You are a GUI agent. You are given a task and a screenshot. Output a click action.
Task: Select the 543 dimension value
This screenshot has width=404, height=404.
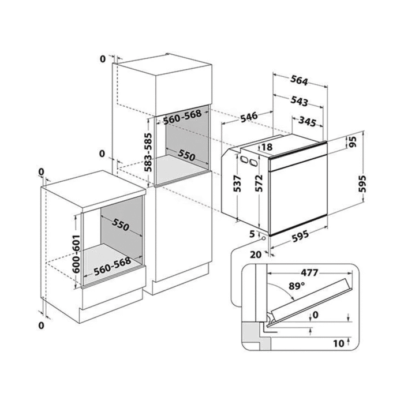[x=299, y=101]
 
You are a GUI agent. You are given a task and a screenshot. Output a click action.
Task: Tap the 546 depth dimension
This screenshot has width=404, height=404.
[x=249, y=117]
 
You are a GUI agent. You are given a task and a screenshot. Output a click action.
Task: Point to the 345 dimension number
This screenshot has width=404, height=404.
[x=307, y=121]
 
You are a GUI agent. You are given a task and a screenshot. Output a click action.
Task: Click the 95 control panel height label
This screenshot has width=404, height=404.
[x=353, y=141]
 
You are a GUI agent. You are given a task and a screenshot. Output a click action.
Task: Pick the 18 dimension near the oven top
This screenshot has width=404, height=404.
[x=267, y=147]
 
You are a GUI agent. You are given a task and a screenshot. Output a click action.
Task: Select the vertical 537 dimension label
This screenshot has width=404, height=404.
[x=237, y=183]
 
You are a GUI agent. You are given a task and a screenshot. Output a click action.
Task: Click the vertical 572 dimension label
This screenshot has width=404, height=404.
[x=259, y=183]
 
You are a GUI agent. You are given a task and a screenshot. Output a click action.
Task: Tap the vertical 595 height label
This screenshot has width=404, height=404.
[x=362, y=184]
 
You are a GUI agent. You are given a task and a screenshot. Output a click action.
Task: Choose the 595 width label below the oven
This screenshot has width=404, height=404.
[x=300, y=236]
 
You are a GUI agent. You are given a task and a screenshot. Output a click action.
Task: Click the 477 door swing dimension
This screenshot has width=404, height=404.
[x=309, y=272]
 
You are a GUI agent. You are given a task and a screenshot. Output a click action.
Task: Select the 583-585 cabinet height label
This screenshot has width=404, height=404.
[x=148, y=152]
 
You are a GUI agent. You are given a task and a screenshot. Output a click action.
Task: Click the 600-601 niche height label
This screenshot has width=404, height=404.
[x=76, y=254]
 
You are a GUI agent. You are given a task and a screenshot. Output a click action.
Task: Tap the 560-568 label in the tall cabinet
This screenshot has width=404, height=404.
[x=182, y=117]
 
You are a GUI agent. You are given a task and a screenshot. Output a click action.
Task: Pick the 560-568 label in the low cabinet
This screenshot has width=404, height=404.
[x=112, y=267]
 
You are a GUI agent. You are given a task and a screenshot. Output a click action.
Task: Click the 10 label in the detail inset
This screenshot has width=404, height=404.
[x=339, y=343]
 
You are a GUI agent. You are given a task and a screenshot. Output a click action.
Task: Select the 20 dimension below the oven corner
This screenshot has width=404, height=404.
[x=256, y=255]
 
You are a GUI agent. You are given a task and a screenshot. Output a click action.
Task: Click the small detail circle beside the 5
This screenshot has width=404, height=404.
[x=263, y=238]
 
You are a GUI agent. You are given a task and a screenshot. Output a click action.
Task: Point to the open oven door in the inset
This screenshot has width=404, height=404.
[x=311, y=301]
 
